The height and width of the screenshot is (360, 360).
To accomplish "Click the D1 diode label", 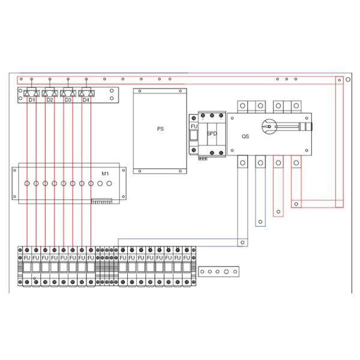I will click(x=32, y=100).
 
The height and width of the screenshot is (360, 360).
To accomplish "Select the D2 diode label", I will click(x=50, y=100).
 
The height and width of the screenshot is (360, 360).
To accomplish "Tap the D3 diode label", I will click(x=68, y=100).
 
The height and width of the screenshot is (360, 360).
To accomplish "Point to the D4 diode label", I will click(x=86, y=100).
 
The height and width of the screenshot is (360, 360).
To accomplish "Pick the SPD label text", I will click(x=211, y=134).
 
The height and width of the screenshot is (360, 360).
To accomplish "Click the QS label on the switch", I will click(x=245, y=136).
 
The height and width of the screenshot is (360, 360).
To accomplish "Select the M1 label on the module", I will click(x=104, y=173).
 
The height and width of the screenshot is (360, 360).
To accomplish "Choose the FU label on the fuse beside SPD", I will click(x=194, y=127).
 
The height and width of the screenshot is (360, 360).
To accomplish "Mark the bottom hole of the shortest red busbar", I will click(x=278, y=211).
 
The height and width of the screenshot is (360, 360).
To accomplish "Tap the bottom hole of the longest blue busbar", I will click(x=242, y=242).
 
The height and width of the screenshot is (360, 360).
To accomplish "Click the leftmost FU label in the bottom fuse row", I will click(x=27, y=258).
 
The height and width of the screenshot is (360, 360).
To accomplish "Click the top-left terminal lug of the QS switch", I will click(x=242, y=106).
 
